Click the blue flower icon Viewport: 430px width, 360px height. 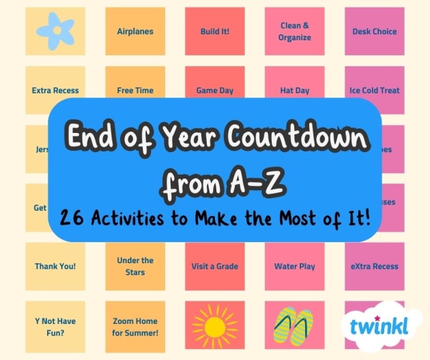click(x=55, y=31)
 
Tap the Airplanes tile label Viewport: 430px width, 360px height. click(x=135, y=31)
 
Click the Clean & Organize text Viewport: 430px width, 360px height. click(x=295, y=31)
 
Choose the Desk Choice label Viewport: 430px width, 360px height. click(x=374, y=31)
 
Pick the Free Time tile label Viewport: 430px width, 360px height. click(x=135, y=90)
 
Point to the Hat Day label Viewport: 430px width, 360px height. click(x=295, y=90)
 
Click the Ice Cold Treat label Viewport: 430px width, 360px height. click(x=374, y=90)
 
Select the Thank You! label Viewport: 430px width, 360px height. click(x=55, y=267)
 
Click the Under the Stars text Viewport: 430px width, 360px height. click(x=135, y=267)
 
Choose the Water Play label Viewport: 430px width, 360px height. click(x=295, y=267)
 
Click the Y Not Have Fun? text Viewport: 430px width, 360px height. click(x=55, y=327)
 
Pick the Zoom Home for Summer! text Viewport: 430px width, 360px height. click(x=135, y=327)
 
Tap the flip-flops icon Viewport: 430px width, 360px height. click(x=294, y=327)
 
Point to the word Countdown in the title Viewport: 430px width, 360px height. click(x=300, y=140)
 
